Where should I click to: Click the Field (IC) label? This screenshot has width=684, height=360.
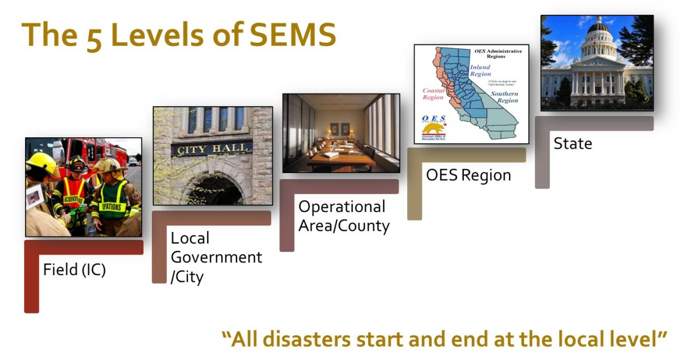(x=75, y=270)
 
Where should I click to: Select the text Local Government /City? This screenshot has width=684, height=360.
(x=216, y=257)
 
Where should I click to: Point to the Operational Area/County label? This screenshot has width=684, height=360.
(x=344, y=216)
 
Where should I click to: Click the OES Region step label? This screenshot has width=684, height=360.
(x=468, y=175)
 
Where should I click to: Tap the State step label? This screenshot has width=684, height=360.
(x=572, y=144)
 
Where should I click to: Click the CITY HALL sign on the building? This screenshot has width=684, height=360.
(x=212, y=148)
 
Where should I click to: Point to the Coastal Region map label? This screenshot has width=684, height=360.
(x=433, y=94)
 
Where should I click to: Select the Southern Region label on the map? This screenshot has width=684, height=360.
(x=504, y=97)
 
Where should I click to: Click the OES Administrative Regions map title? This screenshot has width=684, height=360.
(x=498, y=53)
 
